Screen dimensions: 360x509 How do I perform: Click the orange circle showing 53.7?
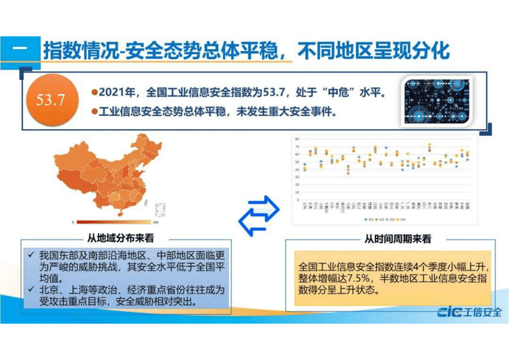click(x=50, y=99)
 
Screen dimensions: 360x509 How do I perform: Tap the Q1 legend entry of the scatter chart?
click(x=368, y=219)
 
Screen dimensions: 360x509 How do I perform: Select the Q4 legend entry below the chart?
click(x=400, y=219)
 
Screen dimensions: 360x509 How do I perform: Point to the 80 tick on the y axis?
click(x=298, y=139)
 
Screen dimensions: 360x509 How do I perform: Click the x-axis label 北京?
click(x=305, y=207)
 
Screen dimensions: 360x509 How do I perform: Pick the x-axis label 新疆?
click(x=468, y=207)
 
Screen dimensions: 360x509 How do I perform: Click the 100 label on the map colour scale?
click(x=155, y=222)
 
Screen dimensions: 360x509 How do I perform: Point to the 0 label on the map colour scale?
click(x=73, y=222)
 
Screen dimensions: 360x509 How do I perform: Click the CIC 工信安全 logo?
click(x=469, y=312)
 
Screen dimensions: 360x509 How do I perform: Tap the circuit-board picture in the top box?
click(x=436, y=101)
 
